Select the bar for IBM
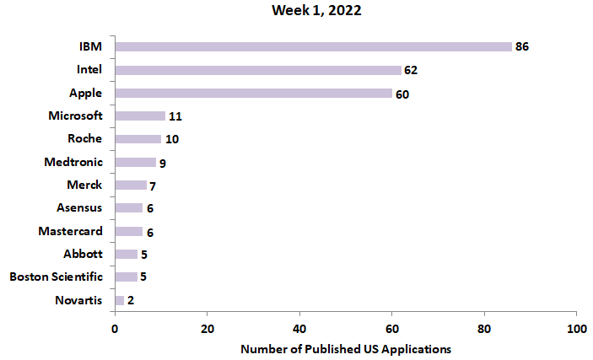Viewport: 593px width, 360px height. (x=313, y=46)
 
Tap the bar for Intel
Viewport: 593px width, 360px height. (x=258, y=70)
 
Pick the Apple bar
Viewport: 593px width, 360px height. (x=253, y=93)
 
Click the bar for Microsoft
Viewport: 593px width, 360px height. (x=140, y=116)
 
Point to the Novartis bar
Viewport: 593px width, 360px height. (x=120, y=299)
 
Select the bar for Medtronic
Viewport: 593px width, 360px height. (x=135, y=162)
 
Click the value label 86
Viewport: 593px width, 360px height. (x=522, y=46)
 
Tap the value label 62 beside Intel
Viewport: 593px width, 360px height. (x=411, y=70)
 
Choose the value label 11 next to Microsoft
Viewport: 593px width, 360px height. (x=175, y=116)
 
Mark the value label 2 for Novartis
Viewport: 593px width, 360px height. (x=131, y=300)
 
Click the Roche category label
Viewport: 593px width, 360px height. (x=85, y=139)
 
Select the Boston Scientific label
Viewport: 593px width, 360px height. (x=56, y=277)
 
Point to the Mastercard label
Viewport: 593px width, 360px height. (x=71, y=231)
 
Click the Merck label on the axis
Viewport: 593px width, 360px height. (x=84, y=185)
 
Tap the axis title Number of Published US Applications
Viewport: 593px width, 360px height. (x=346, y=348)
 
